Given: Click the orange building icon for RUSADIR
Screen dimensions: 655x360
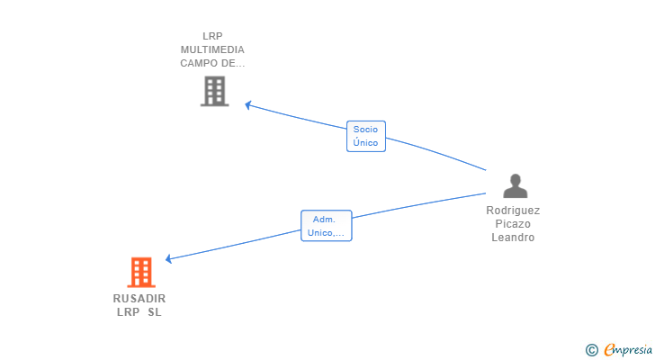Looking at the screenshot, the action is coord(141,273).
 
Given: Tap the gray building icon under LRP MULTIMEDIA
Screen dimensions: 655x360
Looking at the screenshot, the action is coord(215,91).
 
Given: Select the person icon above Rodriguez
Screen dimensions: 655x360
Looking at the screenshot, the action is coord(516,185).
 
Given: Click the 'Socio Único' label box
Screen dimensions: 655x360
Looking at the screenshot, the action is coord(366,136).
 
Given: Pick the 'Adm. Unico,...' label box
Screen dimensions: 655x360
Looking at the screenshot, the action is coord(327,226).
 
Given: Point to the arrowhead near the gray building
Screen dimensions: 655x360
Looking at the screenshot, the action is coord(247,104).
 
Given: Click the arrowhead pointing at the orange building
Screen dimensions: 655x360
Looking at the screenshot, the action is coord(168,259).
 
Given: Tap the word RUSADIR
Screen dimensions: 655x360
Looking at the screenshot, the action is coord(139,299).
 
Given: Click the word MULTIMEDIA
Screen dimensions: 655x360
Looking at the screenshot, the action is coord(212,49).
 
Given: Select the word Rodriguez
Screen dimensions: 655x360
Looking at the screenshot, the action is coord(513,211).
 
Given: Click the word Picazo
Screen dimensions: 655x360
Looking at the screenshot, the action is coord(513,224).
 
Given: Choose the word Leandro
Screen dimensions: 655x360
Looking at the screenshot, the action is coord(513,238).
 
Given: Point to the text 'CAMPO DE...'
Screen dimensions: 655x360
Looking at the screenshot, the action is coord(212,63).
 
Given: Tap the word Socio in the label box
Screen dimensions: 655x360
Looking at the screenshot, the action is coord(365,130).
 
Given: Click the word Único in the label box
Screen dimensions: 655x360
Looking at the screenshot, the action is coord(365,142).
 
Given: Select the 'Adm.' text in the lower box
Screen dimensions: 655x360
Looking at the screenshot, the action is coord(324,220).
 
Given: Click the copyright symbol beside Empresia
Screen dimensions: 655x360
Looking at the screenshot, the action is coord(592,350).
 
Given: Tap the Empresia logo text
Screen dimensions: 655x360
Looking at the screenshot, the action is coord(628,349).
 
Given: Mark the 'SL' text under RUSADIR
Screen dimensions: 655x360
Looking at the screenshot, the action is coord(155,312).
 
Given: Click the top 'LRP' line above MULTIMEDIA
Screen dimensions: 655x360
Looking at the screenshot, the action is coord(212,36).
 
